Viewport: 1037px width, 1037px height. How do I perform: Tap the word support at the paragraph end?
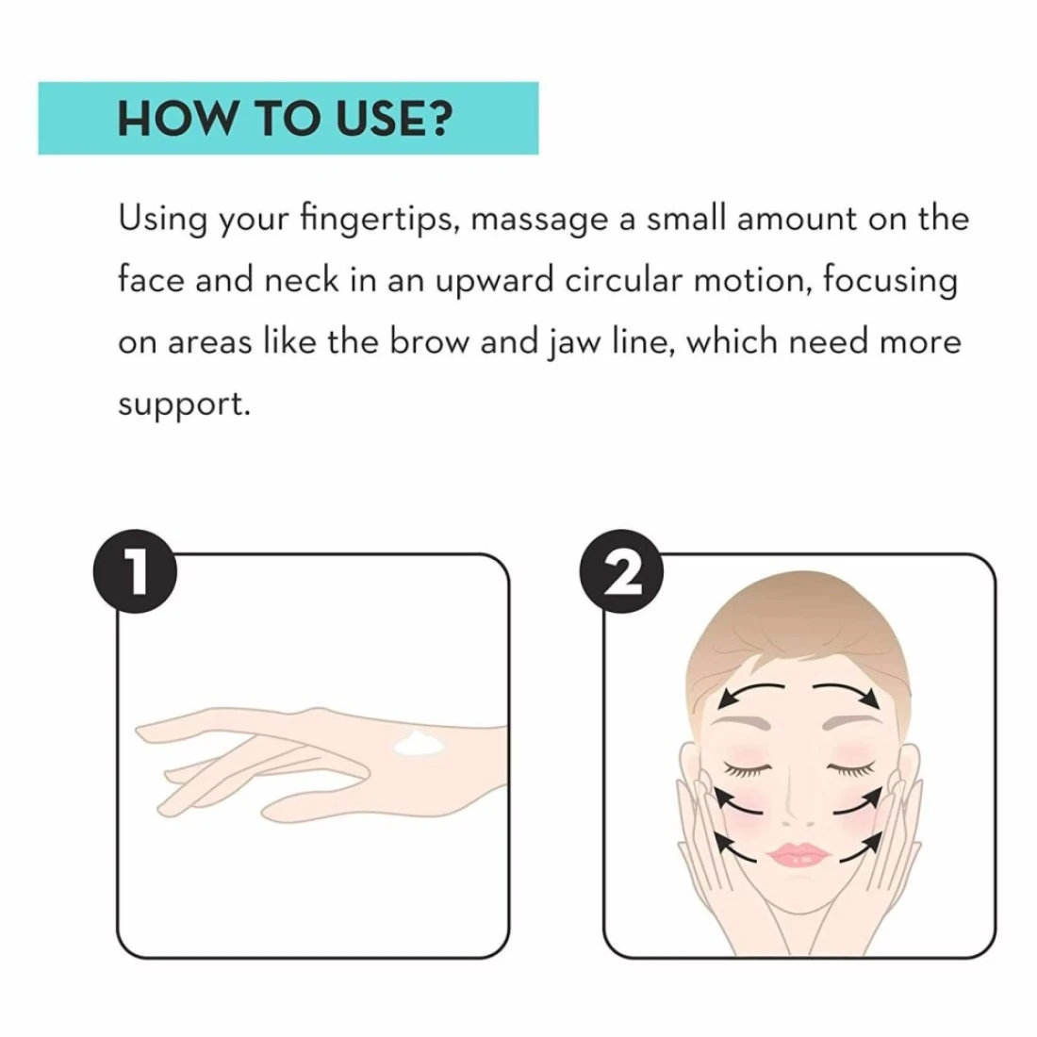185,404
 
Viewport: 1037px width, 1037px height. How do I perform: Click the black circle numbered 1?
135,571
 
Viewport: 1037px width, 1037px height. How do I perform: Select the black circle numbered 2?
621,571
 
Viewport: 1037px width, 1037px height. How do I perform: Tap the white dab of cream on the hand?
419,744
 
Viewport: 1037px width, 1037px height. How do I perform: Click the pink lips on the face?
798,855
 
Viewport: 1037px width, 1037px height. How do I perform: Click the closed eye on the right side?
851,769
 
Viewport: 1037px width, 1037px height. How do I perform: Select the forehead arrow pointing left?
749,690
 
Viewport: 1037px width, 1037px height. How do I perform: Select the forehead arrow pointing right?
848,690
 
